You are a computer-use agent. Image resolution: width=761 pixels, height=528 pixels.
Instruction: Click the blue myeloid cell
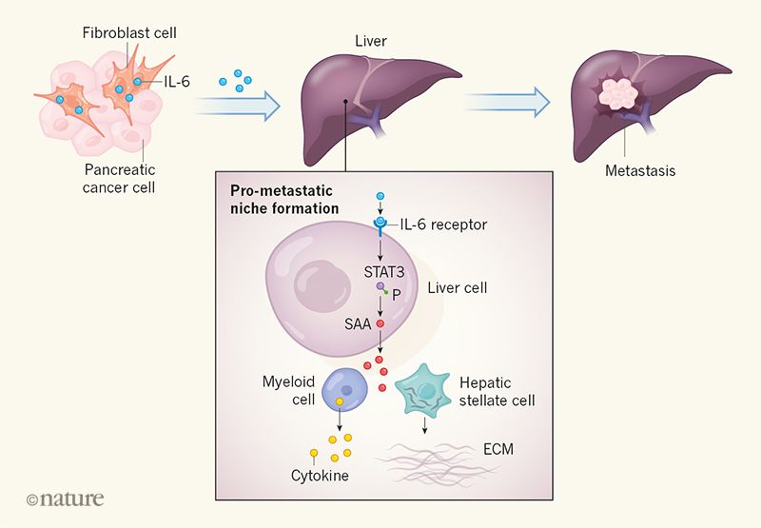click(346, 389)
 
